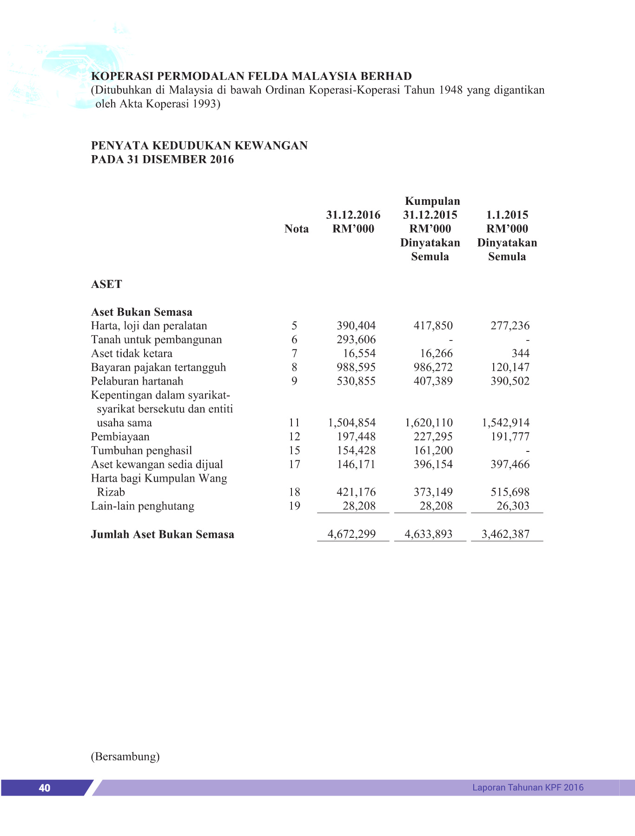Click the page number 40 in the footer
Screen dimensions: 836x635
[x=45, y=788]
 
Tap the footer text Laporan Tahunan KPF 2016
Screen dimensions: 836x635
[x=528, y=787]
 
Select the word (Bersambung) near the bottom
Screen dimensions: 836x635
[x=125, y=757]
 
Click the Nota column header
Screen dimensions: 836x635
[x=297, y=229]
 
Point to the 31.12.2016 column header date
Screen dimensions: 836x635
[x=353, y=215]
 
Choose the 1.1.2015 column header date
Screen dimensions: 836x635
[x=507, y=215]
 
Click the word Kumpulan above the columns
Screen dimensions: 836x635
[x=432, y=201]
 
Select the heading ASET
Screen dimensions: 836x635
[x=106, y=284]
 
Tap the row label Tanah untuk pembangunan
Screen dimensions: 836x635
[x=156, y=340]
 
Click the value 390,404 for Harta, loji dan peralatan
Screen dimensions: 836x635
[x=356, y=326]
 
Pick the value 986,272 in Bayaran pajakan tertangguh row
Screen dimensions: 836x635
[x=433, y=367]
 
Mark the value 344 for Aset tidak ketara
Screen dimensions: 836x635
[x=520, y=353]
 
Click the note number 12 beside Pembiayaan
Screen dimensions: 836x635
[x=294, y=437]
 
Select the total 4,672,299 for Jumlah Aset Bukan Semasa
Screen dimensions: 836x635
[x=351, y=534]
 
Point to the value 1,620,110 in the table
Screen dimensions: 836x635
[x=429, y=423]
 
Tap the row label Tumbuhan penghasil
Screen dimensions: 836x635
[x=141, y=451]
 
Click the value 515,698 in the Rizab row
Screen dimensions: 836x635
[x=510, y=492]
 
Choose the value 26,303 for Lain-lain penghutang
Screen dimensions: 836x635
[x=513, y=506]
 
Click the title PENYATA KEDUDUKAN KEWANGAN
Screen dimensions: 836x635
[x=199, y=145]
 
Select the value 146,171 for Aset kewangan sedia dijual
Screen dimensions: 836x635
[x=356, y=464]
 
